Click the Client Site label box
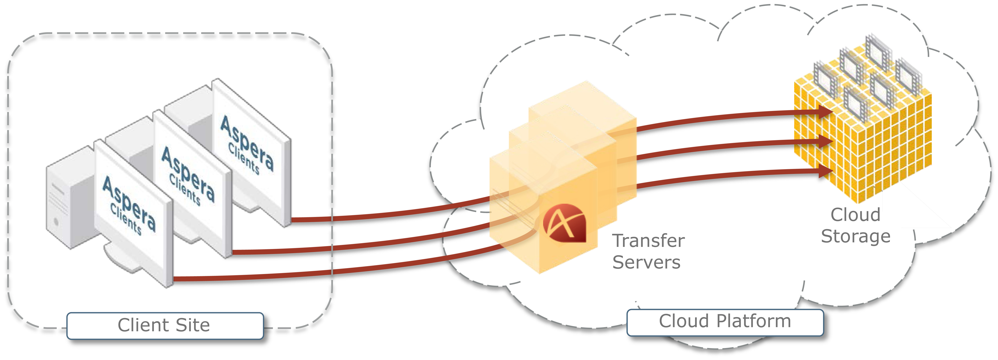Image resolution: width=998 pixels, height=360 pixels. click(165, 326)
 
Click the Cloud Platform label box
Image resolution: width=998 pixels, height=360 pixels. click(725, 322)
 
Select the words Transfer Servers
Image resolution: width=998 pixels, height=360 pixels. click(648, 251)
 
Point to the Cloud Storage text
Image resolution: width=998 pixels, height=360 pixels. click(855, 225)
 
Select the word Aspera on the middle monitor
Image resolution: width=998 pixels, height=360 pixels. click(188, 174)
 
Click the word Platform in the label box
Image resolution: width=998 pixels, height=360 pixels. click(753, 322)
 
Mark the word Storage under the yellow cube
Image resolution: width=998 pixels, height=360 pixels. click(855, 236)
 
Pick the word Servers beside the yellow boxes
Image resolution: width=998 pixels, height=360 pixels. click(646, 262)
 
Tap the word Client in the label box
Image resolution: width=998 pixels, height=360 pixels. click(143, 326)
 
